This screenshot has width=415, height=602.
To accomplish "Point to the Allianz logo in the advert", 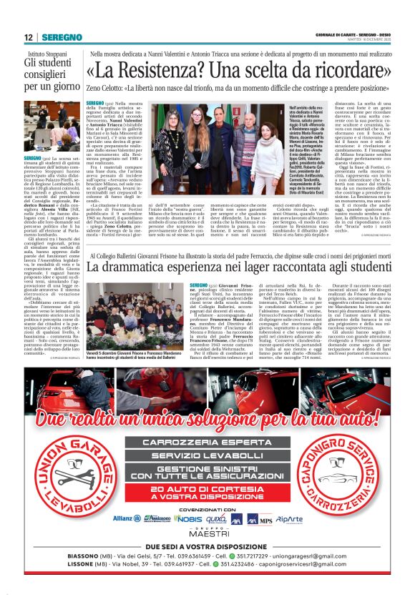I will coord(127,538).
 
